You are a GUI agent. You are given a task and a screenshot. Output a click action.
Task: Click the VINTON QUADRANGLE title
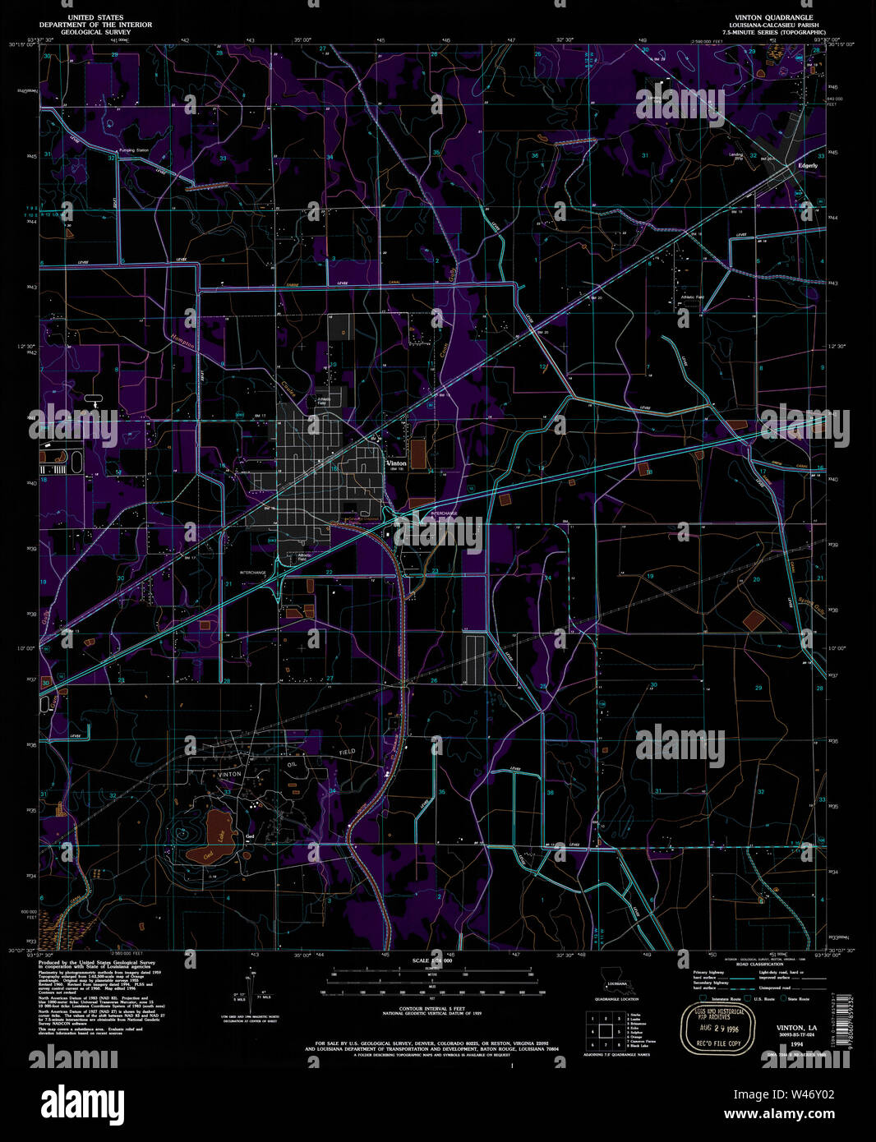click(x=768, y=16)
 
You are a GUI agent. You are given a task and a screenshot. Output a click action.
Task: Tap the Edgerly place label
click(x=808, y=165)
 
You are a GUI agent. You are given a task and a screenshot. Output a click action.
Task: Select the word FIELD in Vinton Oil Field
click(x=348, y=752)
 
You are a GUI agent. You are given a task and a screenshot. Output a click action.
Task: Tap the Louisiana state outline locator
click(x=613, y=976)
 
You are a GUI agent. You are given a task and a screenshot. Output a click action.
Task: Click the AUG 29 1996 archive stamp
click(x=712, y=1028)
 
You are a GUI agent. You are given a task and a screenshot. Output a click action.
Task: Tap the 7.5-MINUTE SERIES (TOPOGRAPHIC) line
click(x=768, y=32)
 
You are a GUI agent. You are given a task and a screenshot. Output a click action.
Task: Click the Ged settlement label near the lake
click(x=250, y=836)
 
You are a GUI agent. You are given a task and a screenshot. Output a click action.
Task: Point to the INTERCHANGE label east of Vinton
click(x=444, y=513)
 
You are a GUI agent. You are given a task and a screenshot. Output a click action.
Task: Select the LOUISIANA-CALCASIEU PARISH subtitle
click(x=768, y=25)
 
